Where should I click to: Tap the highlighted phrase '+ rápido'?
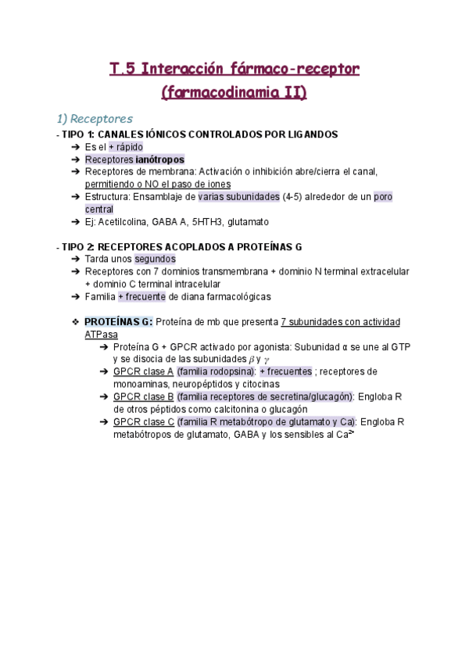pos(125,147)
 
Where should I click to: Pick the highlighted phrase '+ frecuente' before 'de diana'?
pos(141,296)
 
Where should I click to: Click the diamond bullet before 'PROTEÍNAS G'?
pos(75,322)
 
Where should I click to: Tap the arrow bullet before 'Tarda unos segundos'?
pos(75,259)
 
